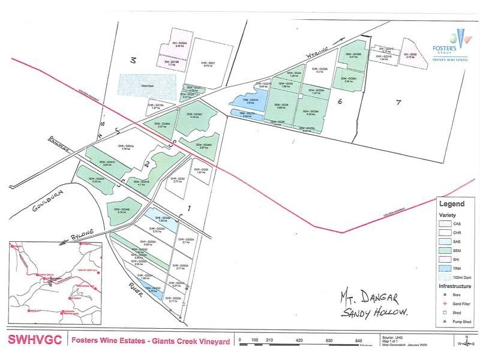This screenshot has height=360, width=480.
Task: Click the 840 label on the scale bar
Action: tap(359, 341)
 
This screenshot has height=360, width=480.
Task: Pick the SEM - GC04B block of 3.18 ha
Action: tap(124, 209)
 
